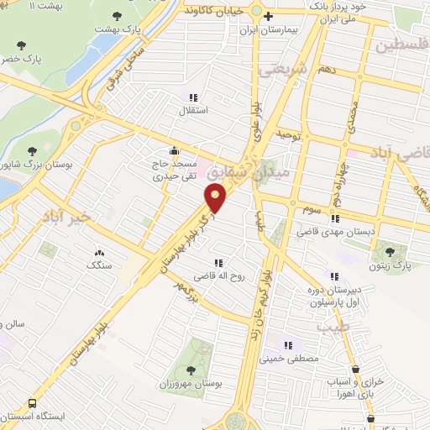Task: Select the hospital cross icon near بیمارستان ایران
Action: pyautogui.click(x=268, y=16)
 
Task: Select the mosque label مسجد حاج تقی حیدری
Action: pyautogui.click(x=171, y=171)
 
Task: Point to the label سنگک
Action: pyautogui.click(x=99, y=265)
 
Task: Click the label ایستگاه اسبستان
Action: pyautogui.click(x=39, y=417)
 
